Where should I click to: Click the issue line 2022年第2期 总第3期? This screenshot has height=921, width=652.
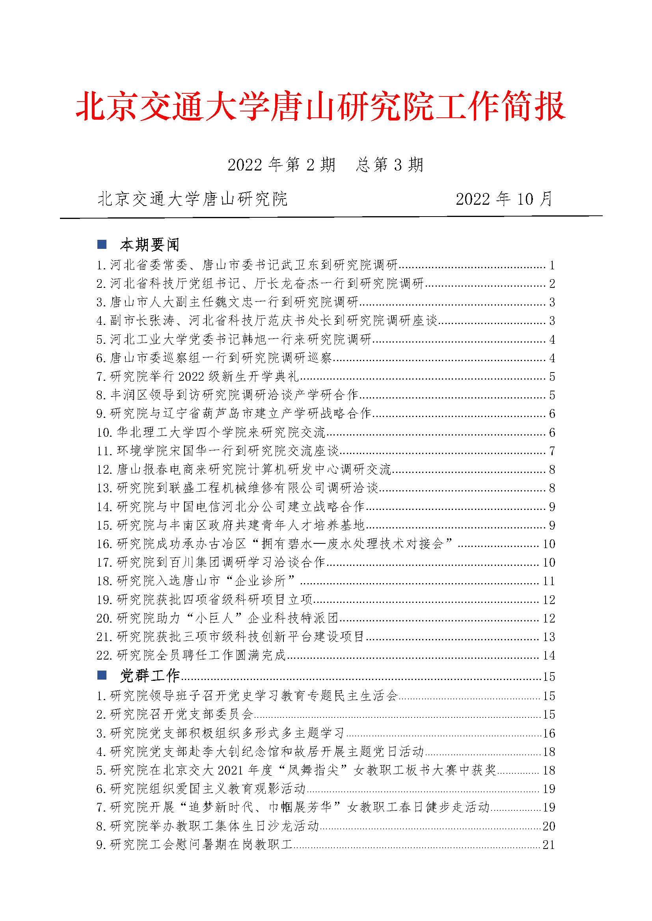(325, 165)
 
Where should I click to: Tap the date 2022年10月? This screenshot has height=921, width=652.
(504, 199)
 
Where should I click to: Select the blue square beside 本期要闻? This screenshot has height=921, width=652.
(102, 244)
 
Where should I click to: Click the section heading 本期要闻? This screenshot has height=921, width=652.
(149, 244)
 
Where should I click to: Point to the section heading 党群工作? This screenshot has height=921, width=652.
(149, 676)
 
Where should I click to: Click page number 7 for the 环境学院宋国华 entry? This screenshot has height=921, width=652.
(552, 451)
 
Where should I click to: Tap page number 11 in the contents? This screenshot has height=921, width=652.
(549, 581)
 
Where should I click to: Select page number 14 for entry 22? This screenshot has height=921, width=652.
(549, 656)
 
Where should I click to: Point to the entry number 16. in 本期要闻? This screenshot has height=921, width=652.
(106, 544)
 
